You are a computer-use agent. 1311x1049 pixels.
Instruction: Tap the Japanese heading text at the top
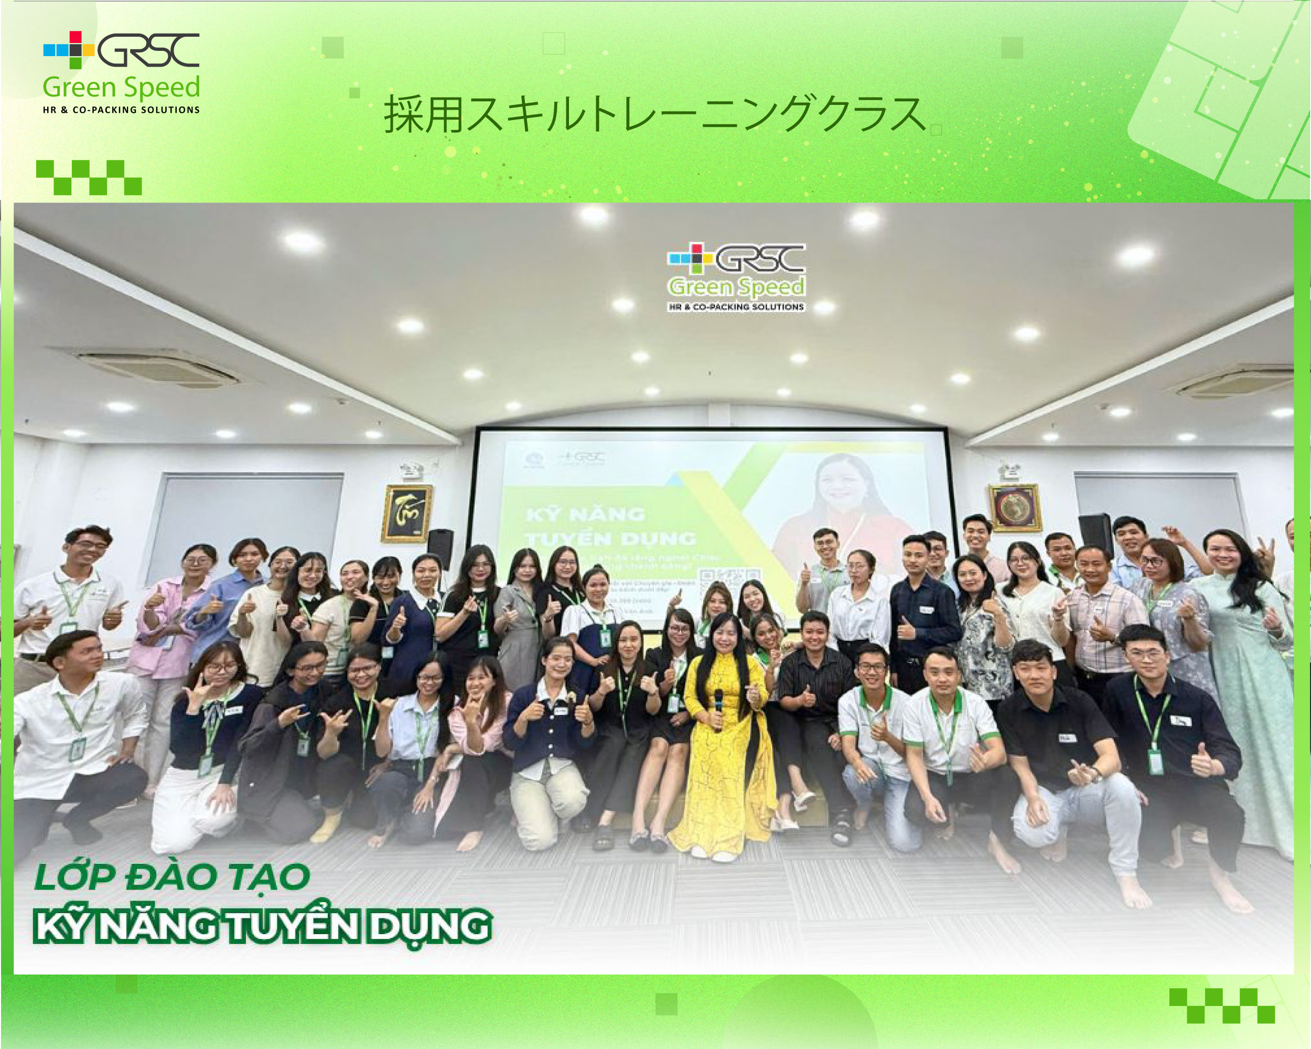(654, 114)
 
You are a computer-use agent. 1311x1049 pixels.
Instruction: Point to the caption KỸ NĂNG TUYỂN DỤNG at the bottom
(262, 926)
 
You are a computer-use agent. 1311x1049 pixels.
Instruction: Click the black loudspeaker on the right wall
(1095, 535)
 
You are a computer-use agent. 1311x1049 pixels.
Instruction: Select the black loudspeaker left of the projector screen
(440, 549)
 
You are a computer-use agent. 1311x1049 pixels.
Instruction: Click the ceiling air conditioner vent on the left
(158, 367)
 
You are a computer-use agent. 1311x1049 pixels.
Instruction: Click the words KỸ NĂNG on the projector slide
(585, 515)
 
